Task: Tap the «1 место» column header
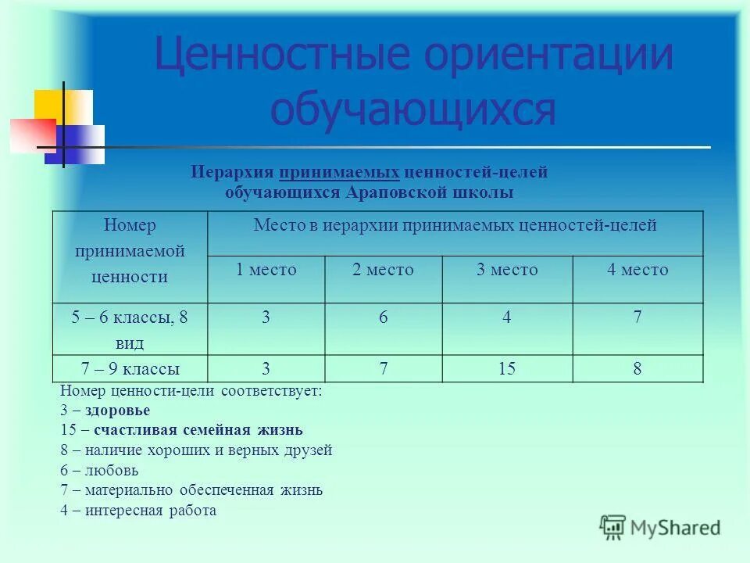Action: tap(266, 270)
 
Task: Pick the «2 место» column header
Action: tap(383, 270)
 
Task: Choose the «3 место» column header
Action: tap(507, 270)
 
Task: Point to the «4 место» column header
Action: tap(637, 270)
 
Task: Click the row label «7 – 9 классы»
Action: tap(130, 368)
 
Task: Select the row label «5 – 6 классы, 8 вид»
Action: tap(130, 329)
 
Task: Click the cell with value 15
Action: tap(507, 368)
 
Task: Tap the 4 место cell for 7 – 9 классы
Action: tap(637, 368)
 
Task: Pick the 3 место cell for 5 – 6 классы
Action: tap(507, 319)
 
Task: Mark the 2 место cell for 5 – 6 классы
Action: tap(383, 319)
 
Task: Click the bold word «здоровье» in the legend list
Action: tap(118, 410)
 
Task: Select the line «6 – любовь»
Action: tap(99, 471)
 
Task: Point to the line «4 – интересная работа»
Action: tap(138, 511)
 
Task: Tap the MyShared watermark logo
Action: tap(660, 528)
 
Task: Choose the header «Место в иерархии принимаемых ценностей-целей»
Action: tap(455, 226)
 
